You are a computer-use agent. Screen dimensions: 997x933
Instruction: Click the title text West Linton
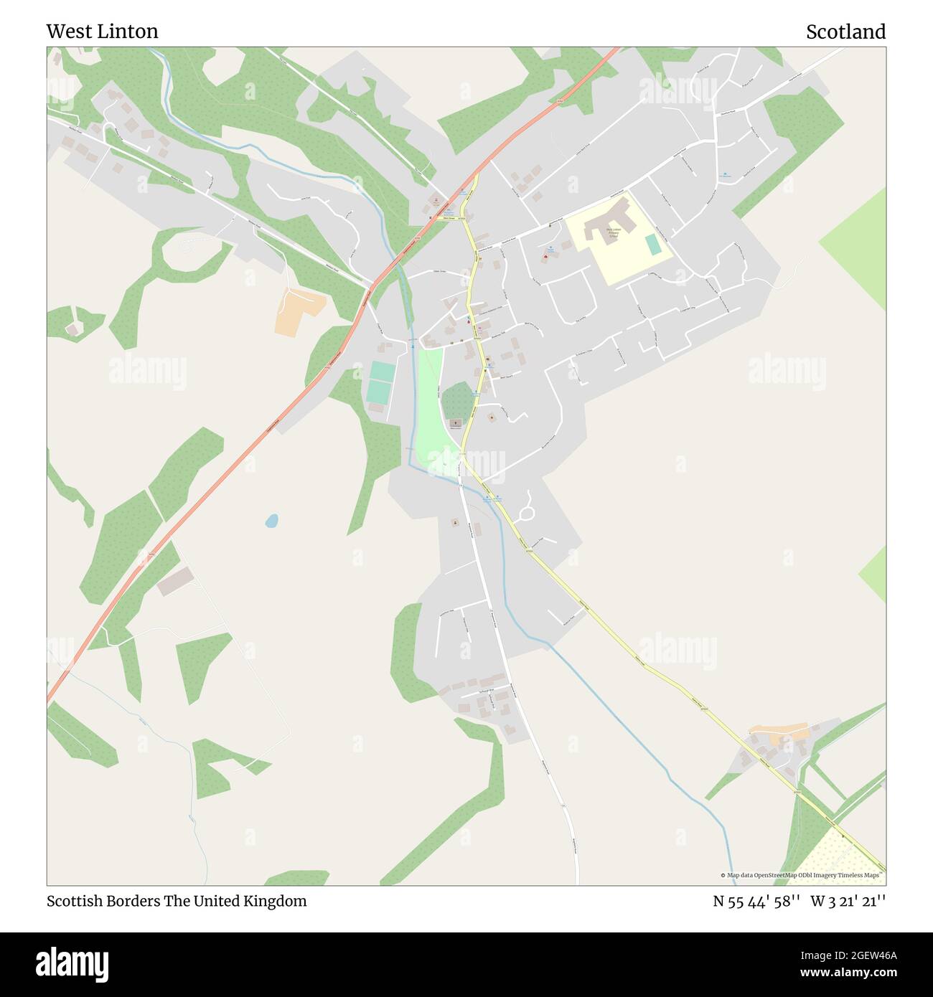coord(102,32)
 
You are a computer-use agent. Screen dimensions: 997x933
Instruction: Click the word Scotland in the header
coord(845,32)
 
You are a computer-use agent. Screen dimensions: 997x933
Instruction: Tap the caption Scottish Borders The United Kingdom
coord(177,901)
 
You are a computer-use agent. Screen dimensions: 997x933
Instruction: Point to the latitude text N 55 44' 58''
coord(756,901)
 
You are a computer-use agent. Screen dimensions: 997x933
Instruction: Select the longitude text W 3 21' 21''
coord(848,901)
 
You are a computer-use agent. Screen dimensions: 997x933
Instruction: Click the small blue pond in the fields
coord(271,521)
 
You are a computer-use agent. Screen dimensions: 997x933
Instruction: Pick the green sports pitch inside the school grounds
coord(652,244)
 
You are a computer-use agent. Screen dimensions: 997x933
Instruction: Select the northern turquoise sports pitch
coord(382,372)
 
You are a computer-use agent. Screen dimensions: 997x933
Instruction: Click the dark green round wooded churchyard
coord(456,401)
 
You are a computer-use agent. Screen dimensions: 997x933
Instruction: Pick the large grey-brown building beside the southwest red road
coord(175,581)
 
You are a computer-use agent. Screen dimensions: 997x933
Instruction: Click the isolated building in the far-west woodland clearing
coord(72,329)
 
